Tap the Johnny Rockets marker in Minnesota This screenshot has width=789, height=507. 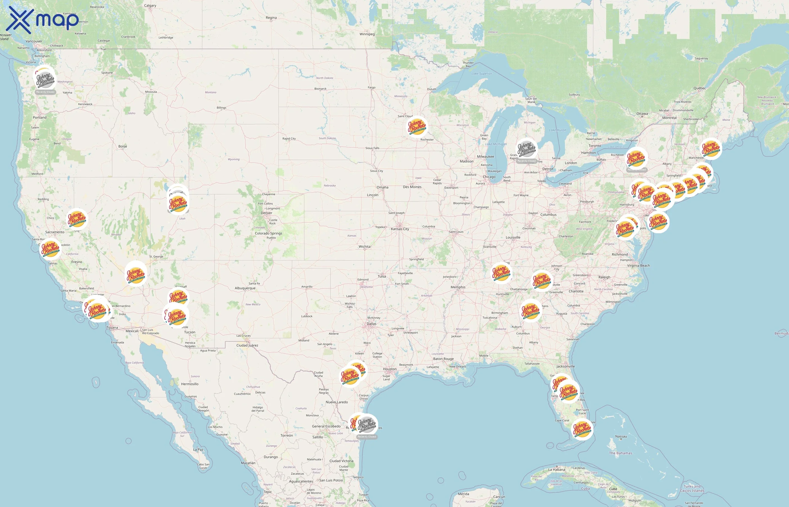[x=417, y=127]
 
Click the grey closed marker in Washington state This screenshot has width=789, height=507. [x=45, y=79]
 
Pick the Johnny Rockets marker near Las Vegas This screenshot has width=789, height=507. [x=136, y=275]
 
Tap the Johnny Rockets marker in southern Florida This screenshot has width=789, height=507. [x=582, y=429]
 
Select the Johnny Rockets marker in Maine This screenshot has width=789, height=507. [x=711, y=149]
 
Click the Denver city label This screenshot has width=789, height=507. [x=266, y=213]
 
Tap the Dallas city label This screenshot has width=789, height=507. [x=371, y=324]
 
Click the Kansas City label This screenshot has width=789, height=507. [x=400, y=229]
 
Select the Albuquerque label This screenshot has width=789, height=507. [x=245, y=288]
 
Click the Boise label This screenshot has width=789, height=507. [x=123, y=146]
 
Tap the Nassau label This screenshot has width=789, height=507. [x=621, y=436]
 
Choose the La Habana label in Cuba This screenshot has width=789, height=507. [x=557, y=470]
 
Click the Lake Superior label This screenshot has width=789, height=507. [x=482, y=74]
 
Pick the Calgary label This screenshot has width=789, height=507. [x=150, y=6]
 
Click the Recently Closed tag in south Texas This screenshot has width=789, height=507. [x=367, y=437]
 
